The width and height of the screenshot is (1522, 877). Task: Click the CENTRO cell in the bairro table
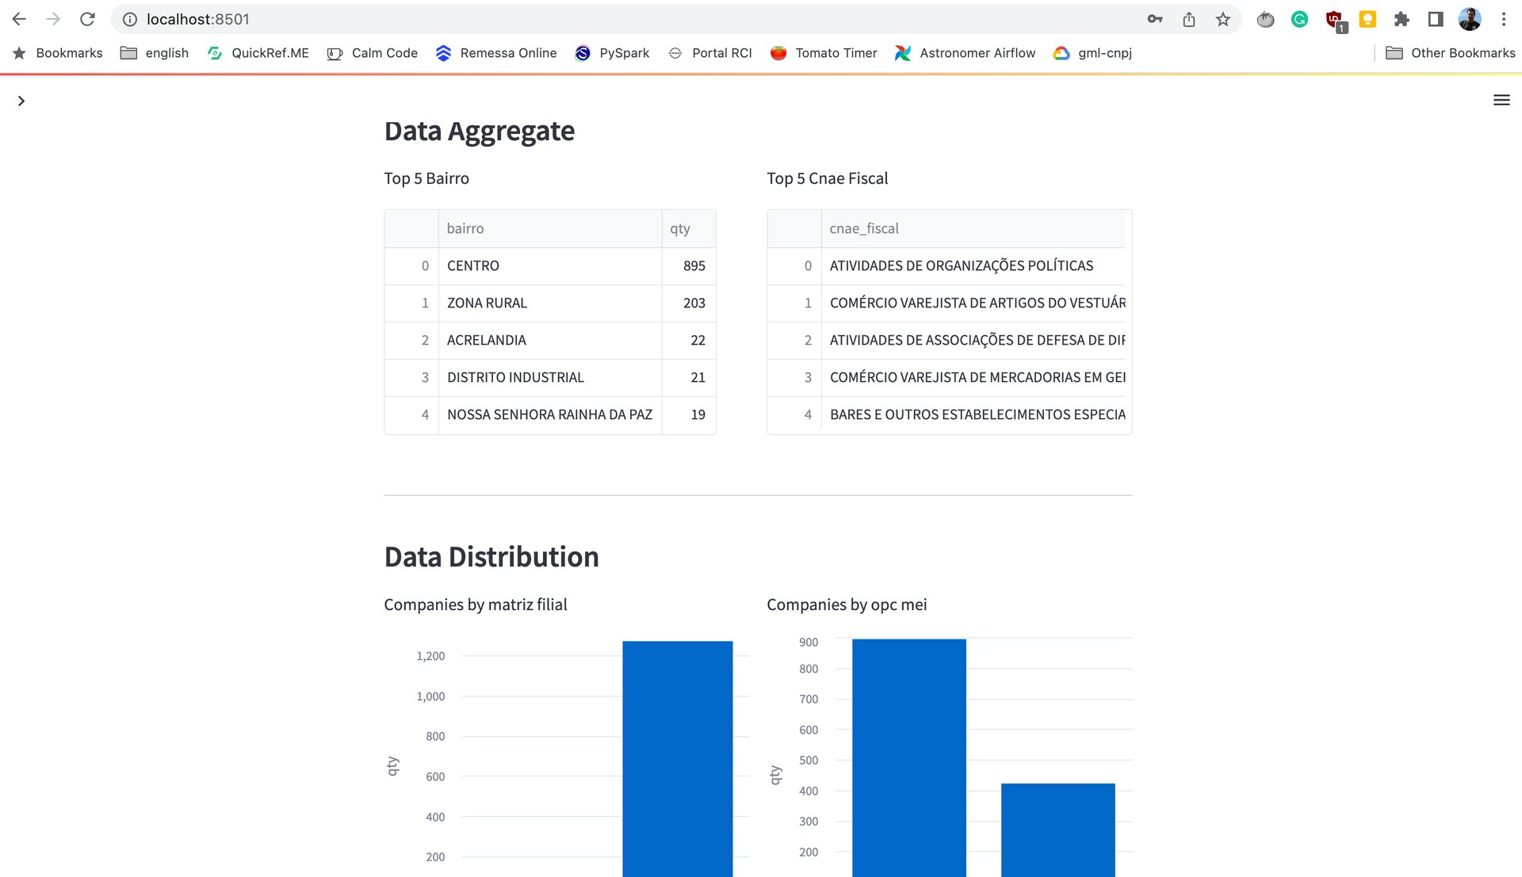click(x=473, y=266)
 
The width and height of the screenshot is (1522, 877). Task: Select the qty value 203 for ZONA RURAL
click(x=694, y=303)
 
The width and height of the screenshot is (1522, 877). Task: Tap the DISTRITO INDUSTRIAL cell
click(x=515, y=378)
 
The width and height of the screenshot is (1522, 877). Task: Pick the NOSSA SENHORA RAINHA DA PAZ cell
click(x=549, y=415)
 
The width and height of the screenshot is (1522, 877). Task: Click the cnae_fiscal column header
click(x=864, y=229)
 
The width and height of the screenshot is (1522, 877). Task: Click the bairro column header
click(x=465, y=229)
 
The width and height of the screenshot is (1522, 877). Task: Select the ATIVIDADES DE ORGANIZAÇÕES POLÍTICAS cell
click(x=961, y=266)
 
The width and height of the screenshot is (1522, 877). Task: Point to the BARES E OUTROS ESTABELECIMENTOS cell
click(x=977, y=415)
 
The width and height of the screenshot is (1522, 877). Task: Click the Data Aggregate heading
click(x=479, y=132)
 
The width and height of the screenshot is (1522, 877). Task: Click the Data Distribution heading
click(x=491, y=557)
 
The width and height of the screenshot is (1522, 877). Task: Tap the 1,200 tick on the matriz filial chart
click(x=430, y=656)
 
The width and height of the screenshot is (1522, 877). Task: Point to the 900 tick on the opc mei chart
click(x=809, y=642)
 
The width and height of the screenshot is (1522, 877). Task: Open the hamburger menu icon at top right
click(x=1501, y=101)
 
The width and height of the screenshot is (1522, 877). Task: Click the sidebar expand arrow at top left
click(x=21, y=101)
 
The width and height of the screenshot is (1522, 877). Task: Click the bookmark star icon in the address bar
click(x=1222, y=20)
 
